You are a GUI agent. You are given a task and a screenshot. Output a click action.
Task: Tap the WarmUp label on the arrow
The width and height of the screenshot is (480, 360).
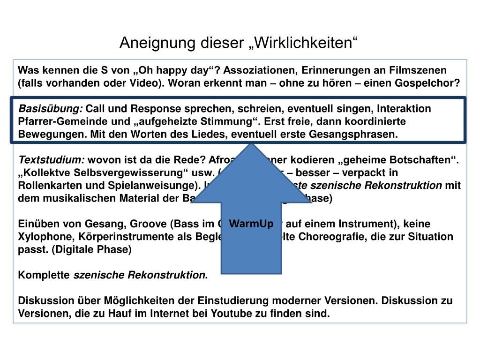[x=251, y=224]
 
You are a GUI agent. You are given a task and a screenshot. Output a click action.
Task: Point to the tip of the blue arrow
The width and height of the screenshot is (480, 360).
[x=252, y=144]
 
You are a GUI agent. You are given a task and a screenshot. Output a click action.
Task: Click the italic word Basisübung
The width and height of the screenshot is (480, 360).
[x=50, y=109]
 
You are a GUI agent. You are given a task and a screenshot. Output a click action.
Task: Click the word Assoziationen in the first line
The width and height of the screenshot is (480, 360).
[x=258, y=71]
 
